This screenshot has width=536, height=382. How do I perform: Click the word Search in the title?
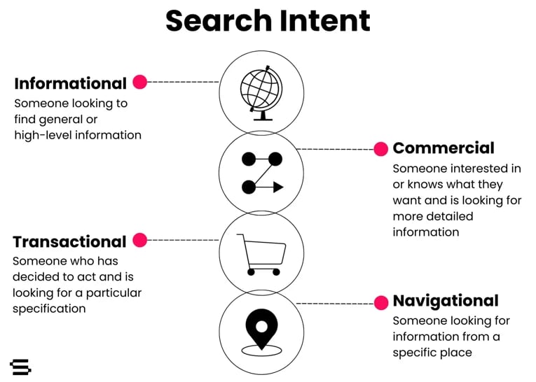(217, 21)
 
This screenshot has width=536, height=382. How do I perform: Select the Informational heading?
(70, 83)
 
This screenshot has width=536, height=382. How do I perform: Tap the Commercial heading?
(444, 148)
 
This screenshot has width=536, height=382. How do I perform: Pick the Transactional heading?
(69, 241)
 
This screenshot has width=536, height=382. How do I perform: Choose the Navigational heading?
(446, 301)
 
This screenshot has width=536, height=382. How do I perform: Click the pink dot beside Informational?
(140, 82)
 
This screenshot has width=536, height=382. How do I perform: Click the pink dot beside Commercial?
(381, 149)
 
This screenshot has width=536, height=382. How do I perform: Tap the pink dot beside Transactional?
(140, 240)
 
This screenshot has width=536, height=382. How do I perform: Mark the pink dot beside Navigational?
(381, 303)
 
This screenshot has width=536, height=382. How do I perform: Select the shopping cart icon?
(261, 254)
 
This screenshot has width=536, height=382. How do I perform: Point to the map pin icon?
(261, 327)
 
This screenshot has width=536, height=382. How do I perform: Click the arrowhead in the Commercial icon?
(277, 187)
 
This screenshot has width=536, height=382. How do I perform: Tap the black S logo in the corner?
(20, 367)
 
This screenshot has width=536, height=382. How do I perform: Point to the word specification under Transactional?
(49, 309)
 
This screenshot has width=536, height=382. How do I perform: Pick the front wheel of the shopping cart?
(276, 272)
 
